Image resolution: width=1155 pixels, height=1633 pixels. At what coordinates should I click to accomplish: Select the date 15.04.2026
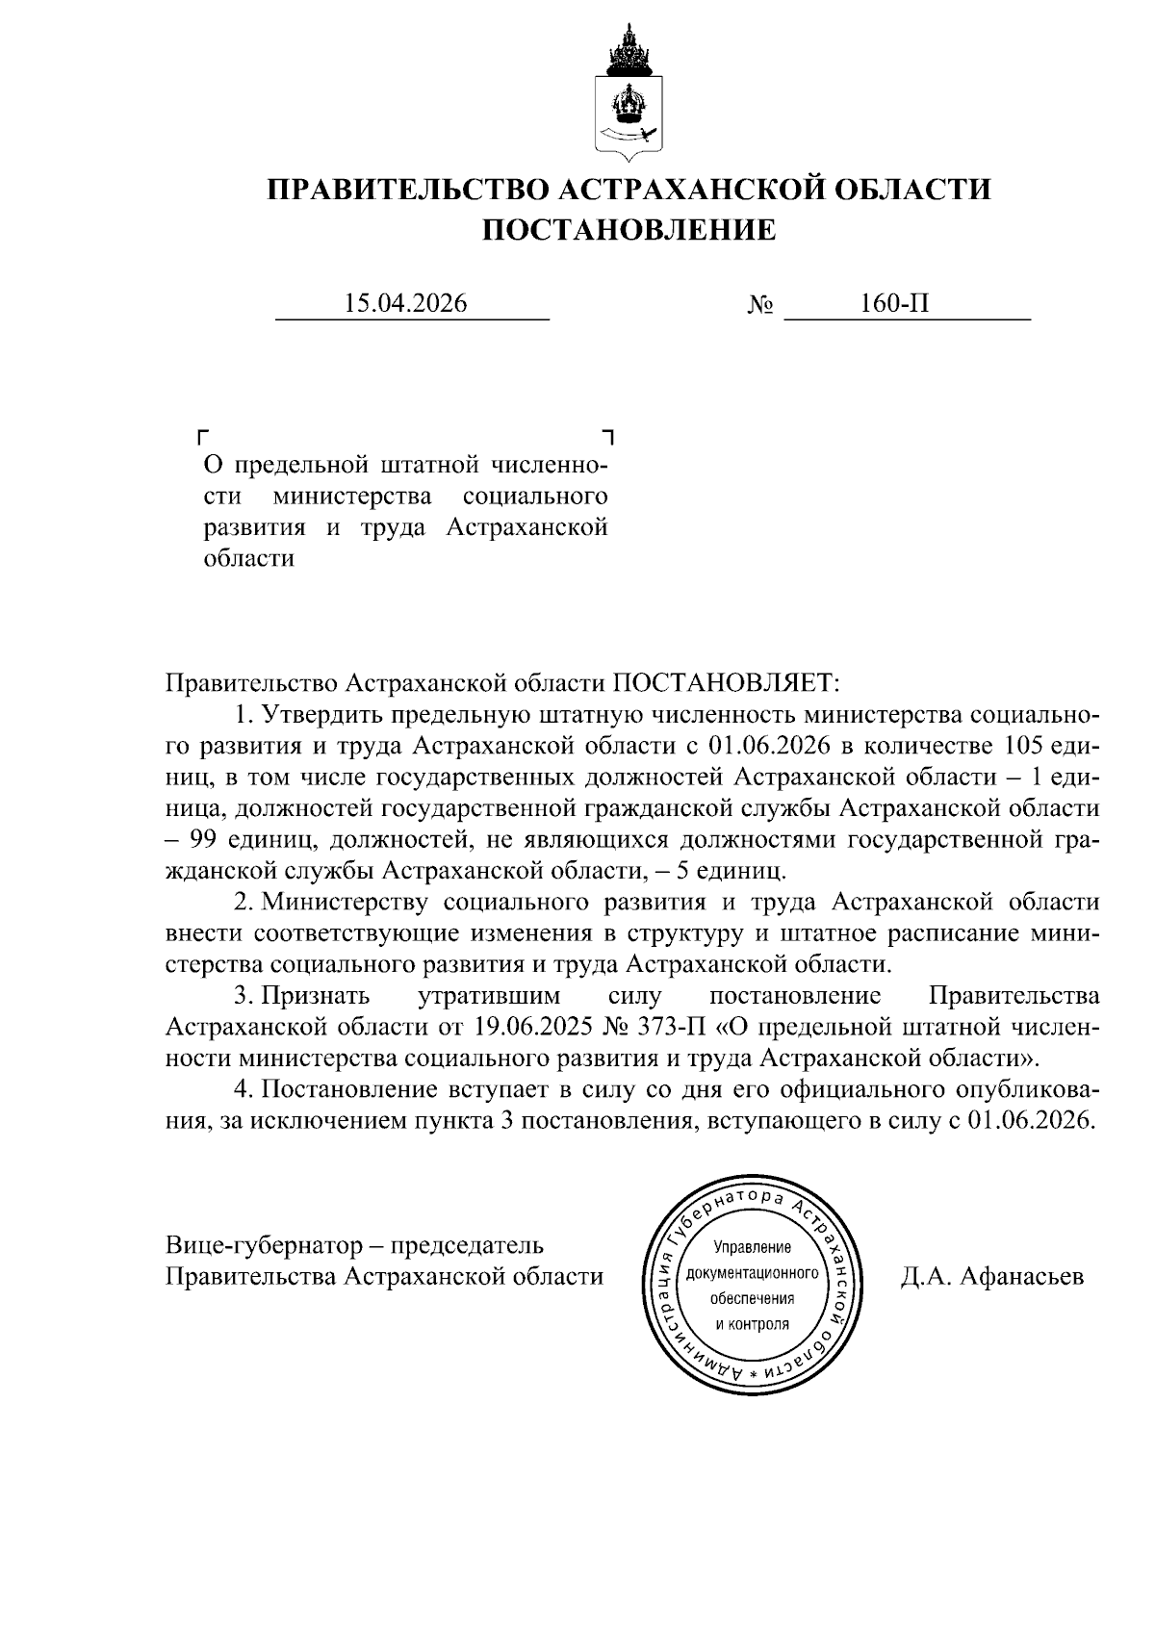[x=406, y=304]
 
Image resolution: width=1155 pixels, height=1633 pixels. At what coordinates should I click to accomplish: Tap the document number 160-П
[x=895, y=304]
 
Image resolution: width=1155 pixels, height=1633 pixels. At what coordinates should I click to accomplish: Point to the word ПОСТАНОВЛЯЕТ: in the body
[x=727, y=683]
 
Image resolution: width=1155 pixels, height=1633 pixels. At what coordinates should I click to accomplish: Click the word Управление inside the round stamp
[x=752, y=1248]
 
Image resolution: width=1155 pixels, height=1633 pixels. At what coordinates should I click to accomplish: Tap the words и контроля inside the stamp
[x=752, y=1323]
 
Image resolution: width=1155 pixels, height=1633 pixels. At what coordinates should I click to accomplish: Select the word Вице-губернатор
[x=260, y=1245]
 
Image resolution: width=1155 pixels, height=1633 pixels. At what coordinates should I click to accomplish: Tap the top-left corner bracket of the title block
[x=202, y=436]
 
